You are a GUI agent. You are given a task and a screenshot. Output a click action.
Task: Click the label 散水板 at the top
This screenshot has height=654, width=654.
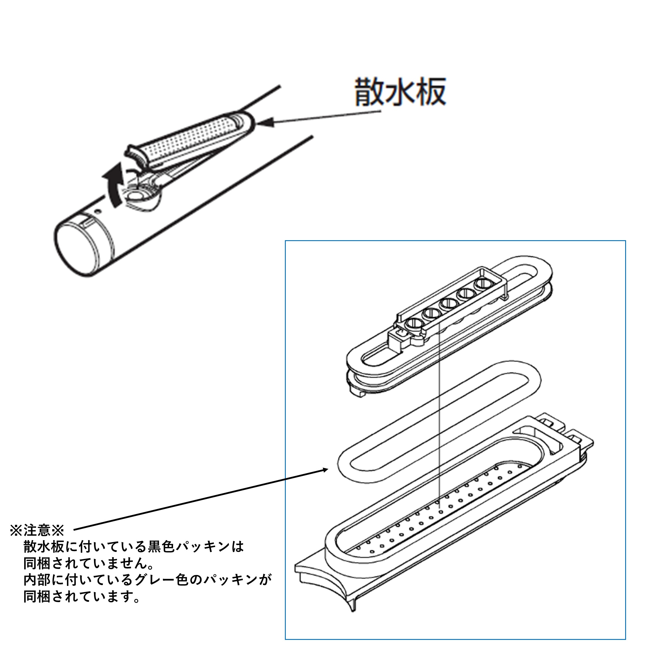[400, 91]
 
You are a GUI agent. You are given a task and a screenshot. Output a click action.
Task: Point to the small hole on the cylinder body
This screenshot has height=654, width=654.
[98, 211]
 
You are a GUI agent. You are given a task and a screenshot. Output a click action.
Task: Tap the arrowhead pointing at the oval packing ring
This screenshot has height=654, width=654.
[323, 470]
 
